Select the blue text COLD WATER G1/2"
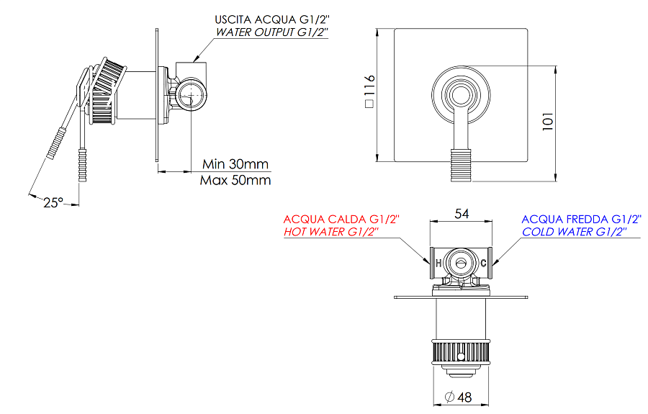point(574,232)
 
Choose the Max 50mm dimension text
point(235,180)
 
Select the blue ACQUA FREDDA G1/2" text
point(580,219)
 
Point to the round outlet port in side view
point(192,94)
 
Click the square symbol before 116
point(368,104)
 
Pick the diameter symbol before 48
point(450,397)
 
